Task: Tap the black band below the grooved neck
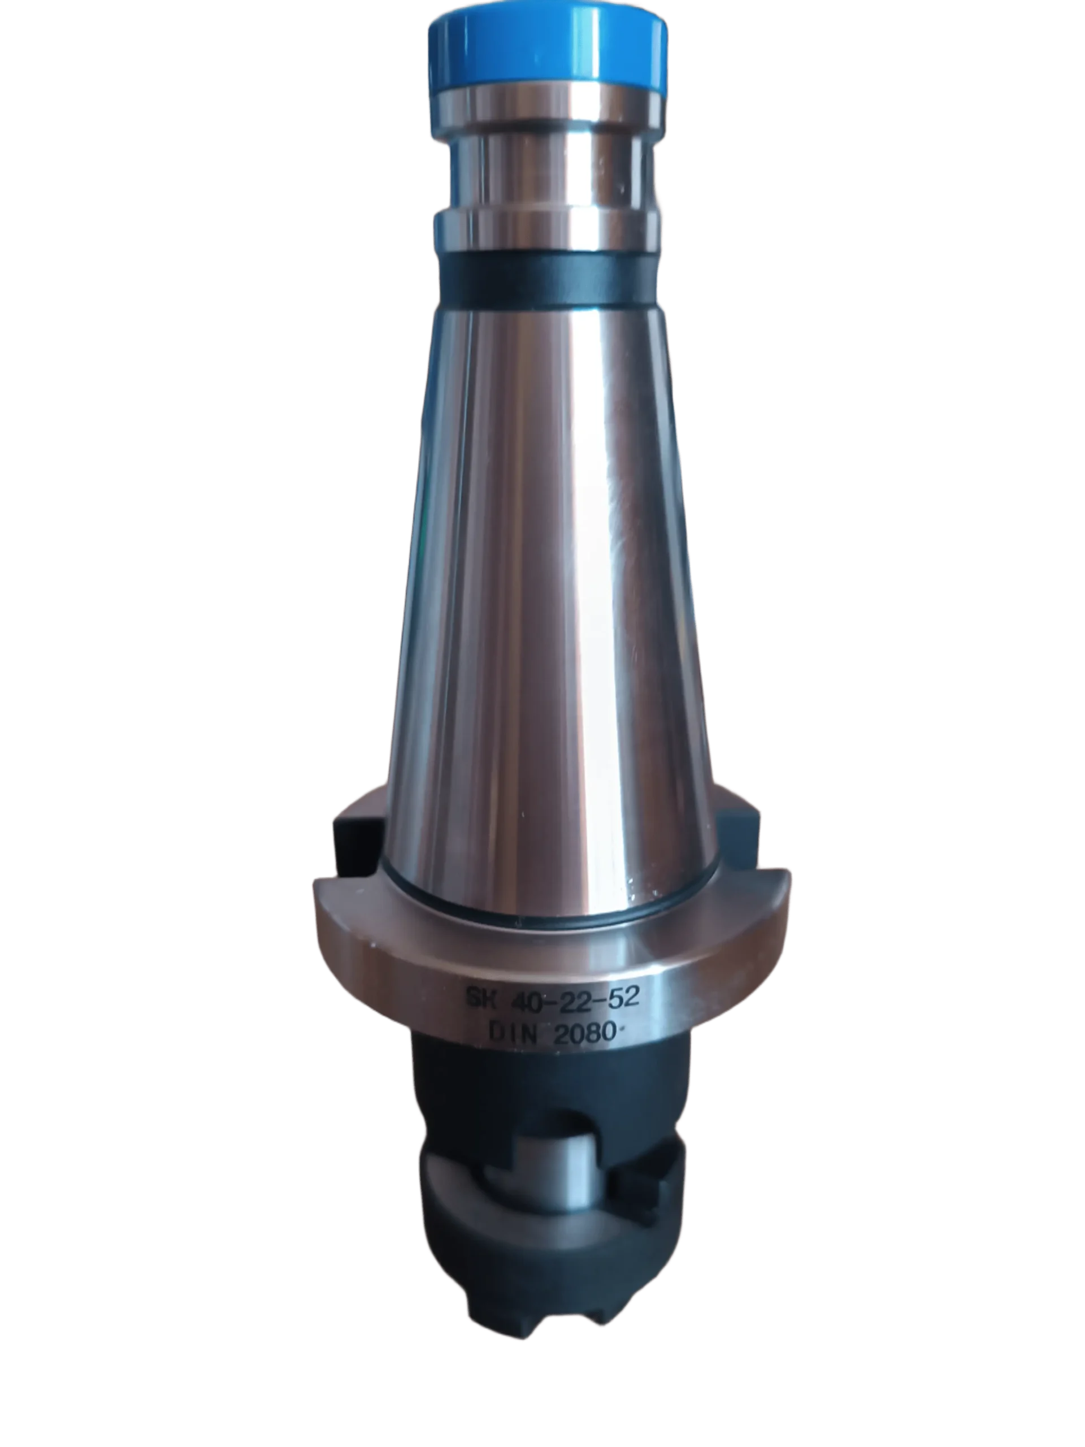click(548, 278)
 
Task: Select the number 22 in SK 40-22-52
click(572, 998)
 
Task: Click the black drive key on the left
click(357, 844)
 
